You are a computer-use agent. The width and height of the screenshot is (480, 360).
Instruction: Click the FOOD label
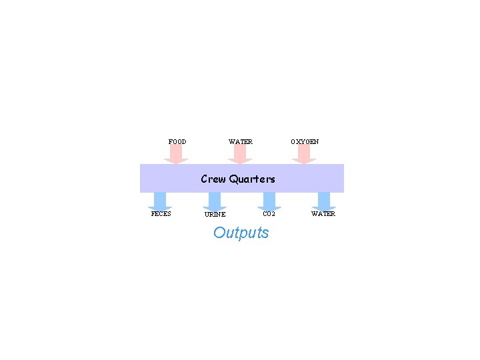click(177, 142)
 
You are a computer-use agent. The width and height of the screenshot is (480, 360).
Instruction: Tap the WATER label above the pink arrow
click(240, 142)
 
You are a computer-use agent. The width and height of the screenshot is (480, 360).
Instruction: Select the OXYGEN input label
click(305, 142)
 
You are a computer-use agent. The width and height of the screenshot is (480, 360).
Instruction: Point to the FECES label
click(161, 214)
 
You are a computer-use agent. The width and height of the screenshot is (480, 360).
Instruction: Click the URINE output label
click(215, 215)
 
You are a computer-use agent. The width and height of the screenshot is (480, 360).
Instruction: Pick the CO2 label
click(269, 214)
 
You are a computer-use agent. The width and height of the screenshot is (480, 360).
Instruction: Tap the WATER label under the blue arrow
click(323, 214)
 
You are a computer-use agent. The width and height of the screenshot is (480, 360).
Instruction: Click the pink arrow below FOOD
click(176, 155)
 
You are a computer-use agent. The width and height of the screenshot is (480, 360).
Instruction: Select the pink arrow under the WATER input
click(240, 155)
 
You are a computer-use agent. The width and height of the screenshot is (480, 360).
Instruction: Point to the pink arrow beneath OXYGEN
click(304, 155)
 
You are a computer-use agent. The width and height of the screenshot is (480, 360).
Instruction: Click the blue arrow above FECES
click(160, 201)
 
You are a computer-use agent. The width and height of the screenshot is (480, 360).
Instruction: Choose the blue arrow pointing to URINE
click(215, 201)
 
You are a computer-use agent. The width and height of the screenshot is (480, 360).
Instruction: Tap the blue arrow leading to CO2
click(269, 201)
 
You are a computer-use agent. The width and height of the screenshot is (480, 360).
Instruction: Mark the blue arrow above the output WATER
click(324, 201)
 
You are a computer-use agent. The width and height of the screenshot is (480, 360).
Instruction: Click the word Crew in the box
click(213, 179)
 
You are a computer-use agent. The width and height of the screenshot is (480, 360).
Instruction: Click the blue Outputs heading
click(241, 233)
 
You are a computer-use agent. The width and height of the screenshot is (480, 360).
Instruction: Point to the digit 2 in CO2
click(273, 214)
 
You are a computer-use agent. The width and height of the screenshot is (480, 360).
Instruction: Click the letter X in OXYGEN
click(298, 142)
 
